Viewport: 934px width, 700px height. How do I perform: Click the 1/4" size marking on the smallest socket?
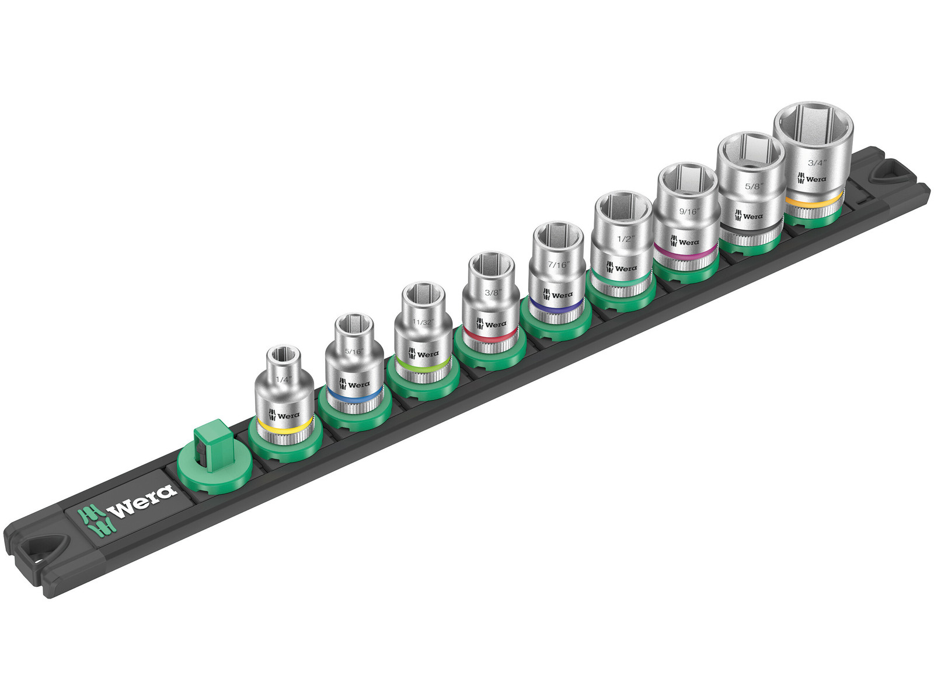(283, 379)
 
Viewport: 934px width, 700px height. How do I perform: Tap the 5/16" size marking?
(354, 351)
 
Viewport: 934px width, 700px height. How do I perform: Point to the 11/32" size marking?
(423, 322)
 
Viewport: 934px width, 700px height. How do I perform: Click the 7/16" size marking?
(559, 264)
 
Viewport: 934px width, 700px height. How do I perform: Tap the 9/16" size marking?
(689, 211)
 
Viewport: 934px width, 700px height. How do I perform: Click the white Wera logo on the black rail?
(128, 506)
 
